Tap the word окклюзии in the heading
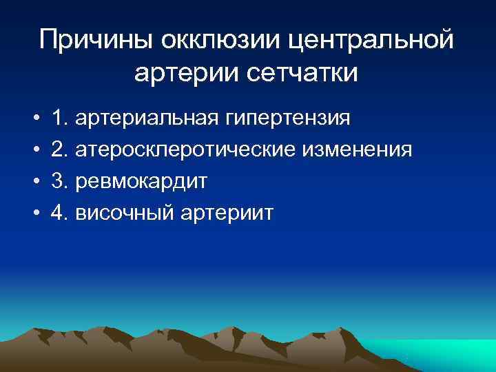pos(220,40)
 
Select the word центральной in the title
pos(371,40)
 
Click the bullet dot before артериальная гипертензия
pos(34,119)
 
